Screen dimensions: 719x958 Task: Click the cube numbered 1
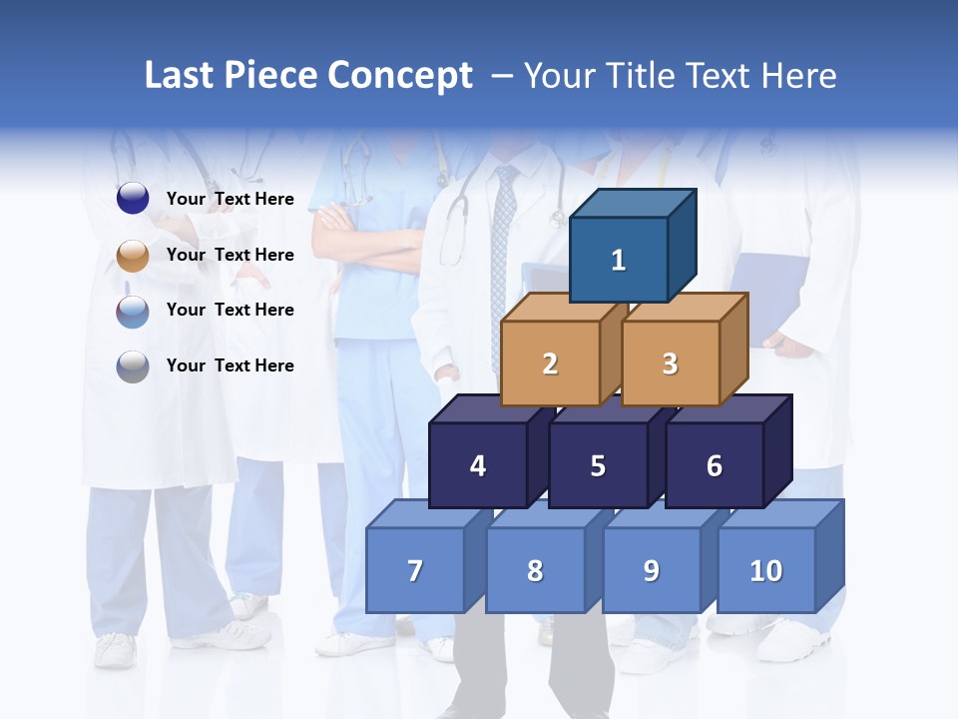point(619,260)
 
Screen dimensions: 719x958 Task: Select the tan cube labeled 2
point(550,363)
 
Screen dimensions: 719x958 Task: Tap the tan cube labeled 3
point(670,363)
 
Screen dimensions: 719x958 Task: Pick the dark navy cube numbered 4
point(478,465)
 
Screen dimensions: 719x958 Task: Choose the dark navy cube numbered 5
point(598,465)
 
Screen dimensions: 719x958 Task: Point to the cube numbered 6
point(715,465)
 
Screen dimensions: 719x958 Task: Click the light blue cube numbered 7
point(415,570)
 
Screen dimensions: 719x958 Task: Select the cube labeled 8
point(535,570)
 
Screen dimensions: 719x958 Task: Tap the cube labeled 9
point(651,570)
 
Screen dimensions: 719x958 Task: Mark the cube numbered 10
point(765,570)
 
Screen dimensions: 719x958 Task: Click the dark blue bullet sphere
point(133,199)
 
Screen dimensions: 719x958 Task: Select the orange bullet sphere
point(133,255)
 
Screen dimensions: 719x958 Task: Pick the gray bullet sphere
point(133,366)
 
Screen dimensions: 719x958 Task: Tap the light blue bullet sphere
point(133,311)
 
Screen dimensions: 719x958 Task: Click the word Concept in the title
point(399,76)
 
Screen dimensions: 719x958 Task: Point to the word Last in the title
point(180,76)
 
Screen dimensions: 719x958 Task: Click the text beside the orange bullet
point(231,255)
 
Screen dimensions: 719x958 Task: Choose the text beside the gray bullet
point(231,365)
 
